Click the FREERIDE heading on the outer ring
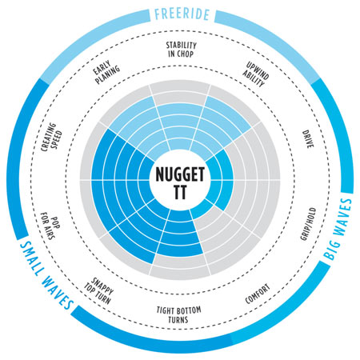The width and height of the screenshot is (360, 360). coord(182,14)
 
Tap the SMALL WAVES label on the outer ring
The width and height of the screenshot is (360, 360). coord(46,274)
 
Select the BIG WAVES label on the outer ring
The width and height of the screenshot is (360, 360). coord(338,229)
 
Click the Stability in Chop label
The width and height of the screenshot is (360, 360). coord(181,50)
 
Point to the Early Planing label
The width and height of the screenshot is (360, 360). coord(106,72)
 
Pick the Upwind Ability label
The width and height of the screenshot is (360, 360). coord(256,74)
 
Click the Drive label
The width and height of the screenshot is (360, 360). coord(308,139)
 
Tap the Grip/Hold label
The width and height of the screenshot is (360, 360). coord(308,224)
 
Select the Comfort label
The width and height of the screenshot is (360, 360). coord(258,294)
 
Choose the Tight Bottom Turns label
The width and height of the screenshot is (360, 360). coord(178,314)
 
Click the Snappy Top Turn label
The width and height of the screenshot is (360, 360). coord(99,291)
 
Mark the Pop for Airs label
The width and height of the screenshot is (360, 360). coord(50,226)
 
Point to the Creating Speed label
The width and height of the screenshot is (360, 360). coord(52,137)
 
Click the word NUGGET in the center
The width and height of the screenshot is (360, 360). coord(180,174)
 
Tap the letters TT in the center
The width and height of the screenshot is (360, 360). coord(180,192)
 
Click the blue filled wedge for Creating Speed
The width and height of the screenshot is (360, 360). coord(122,156)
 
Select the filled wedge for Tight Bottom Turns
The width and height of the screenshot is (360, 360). coord(180,232)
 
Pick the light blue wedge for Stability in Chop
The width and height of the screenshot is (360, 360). coord(180,126)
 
